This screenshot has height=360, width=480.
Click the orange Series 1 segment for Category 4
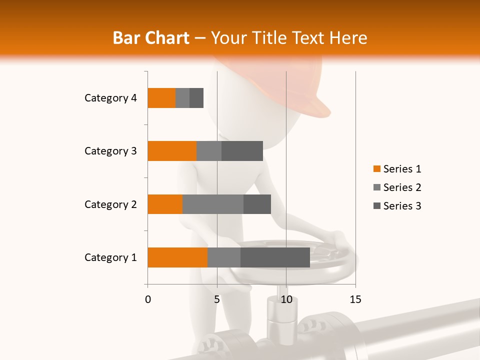pyautogui.click(x=161, y=98)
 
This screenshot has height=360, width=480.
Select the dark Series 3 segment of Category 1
pyautogui.click(x=275, y=257)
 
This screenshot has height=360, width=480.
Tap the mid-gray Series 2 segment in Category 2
pyautogui.click(x=212, y=204)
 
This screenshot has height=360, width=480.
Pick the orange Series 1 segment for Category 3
pyautogui.click(x=172, y=151)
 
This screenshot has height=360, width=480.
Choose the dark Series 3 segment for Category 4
pyautogui.click(x=196, y=98)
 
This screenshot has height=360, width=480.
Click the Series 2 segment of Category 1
pyautogui.click(x=223, y=257)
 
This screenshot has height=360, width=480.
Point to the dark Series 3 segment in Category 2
pyautogui.click(x=257, y=204)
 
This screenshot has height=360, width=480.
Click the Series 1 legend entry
pyautogui.click(x=397, y=169)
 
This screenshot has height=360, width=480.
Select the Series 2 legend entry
pyautogui.click(x=397, y=187)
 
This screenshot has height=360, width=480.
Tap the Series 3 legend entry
pyautogui.click(x=397, y=206)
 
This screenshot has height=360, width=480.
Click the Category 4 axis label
pyautogui.click(x=110, y=98)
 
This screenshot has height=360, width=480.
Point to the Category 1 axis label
pyautogui.click(x=110, y=257)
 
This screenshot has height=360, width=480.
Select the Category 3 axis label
pyautogui.click(x=110, y=151)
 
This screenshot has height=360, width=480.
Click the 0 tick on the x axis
pyautogui.click(x=148, y=299)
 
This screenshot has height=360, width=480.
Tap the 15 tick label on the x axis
pyautogui.click(x=355, y=299)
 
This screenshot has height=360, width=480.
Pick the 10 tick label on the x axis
pyautogui.click(x=286, y=299)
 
